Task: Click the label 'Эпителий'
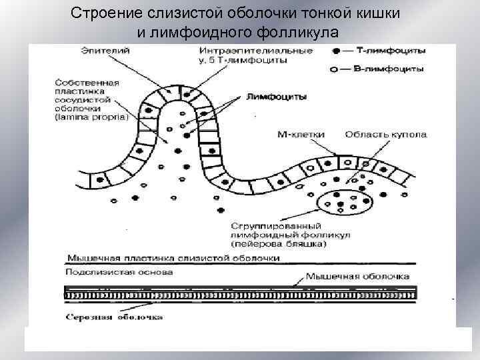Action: coord(105,51)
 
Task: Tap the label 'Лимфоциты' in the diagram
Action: coord(276,96)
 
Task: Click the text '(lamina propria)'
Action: coord(87,117)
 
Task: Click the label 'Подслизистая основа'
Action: coord(119,272)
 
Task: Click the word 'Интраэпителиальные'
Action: coord(246,51)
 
